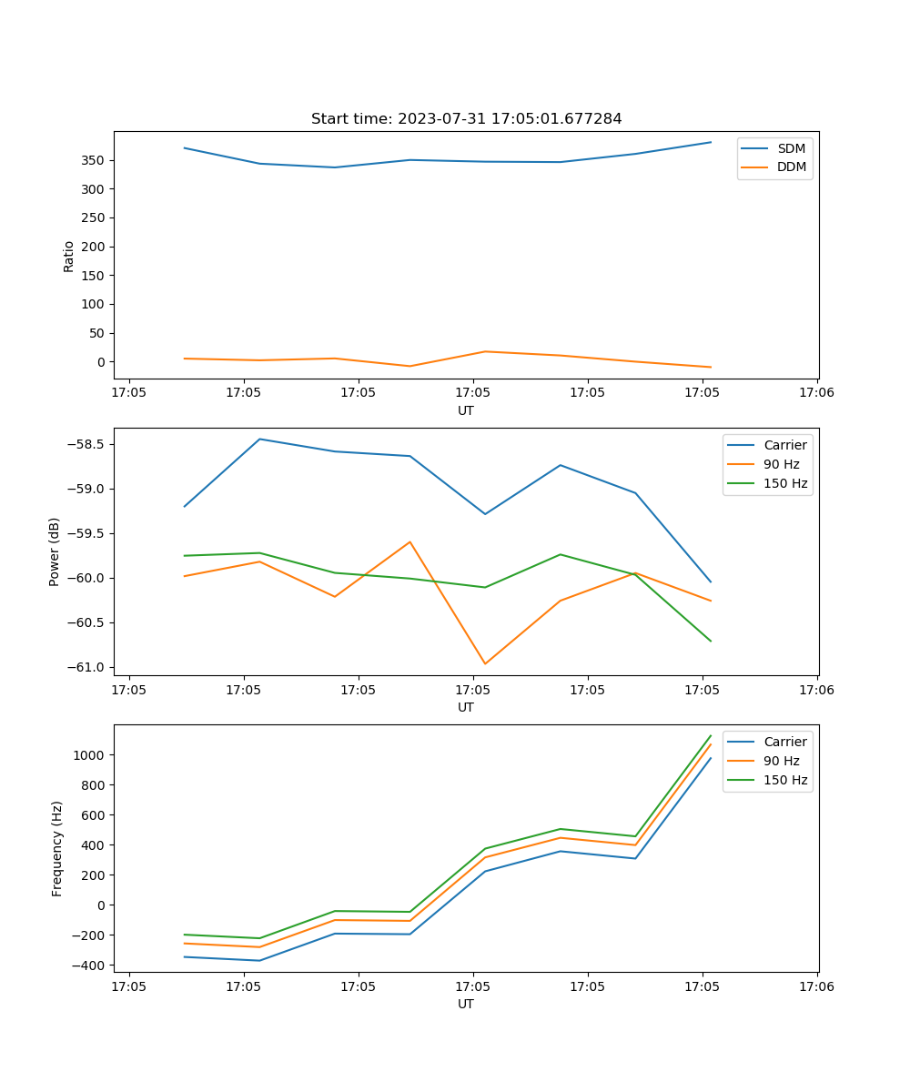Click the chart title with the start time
tap(466, 119)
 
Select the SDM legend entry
tap(791, 148)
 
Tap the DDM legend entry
tap(791, 167)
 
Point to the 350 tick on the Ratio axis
tap(96, 160)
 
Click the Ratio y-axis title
tap(69, 256)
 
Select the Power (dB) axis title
tap(55, 551)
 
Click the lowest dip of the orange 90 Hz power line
tap(485, 663)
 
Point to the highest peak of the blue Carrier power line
tap(260, 439)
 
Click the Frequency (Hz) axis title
tap(57, 848)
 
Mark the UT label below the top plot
tap(466, 410)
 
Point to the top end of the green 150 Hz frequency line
tap(711, 735)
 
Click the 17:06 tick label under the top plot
tap(816, 394)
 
